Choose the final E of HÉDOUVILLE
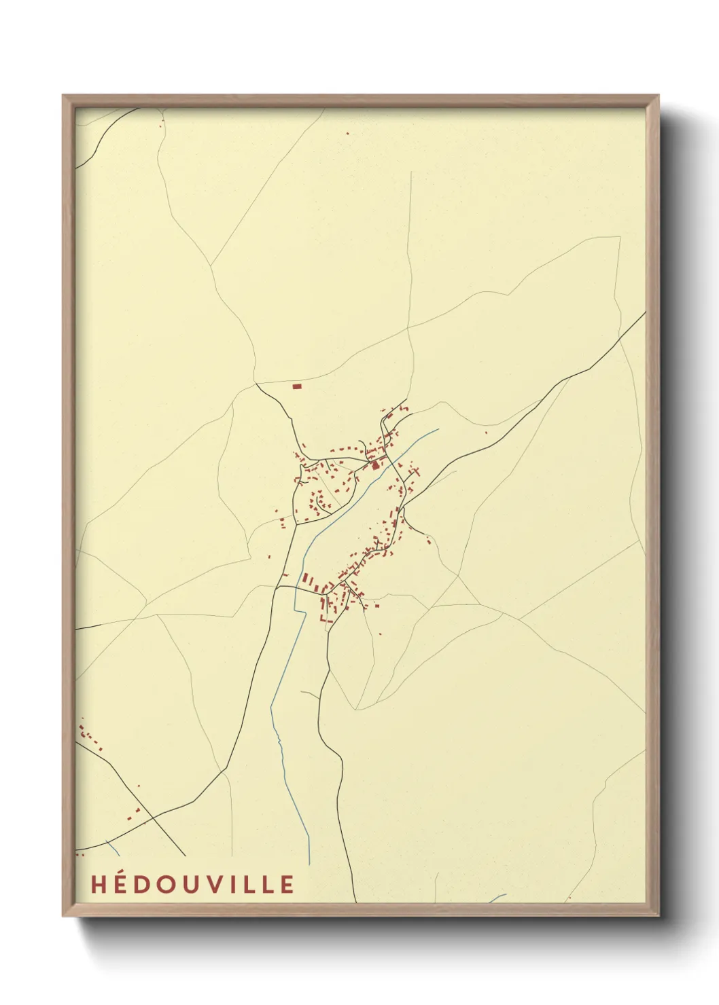287,884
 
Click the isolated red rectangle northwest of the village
296,386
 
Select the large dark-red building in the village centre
375,466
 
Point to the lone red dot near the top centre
347,133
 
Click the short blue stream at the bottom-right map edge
497,898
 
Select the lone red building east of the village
486,433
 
